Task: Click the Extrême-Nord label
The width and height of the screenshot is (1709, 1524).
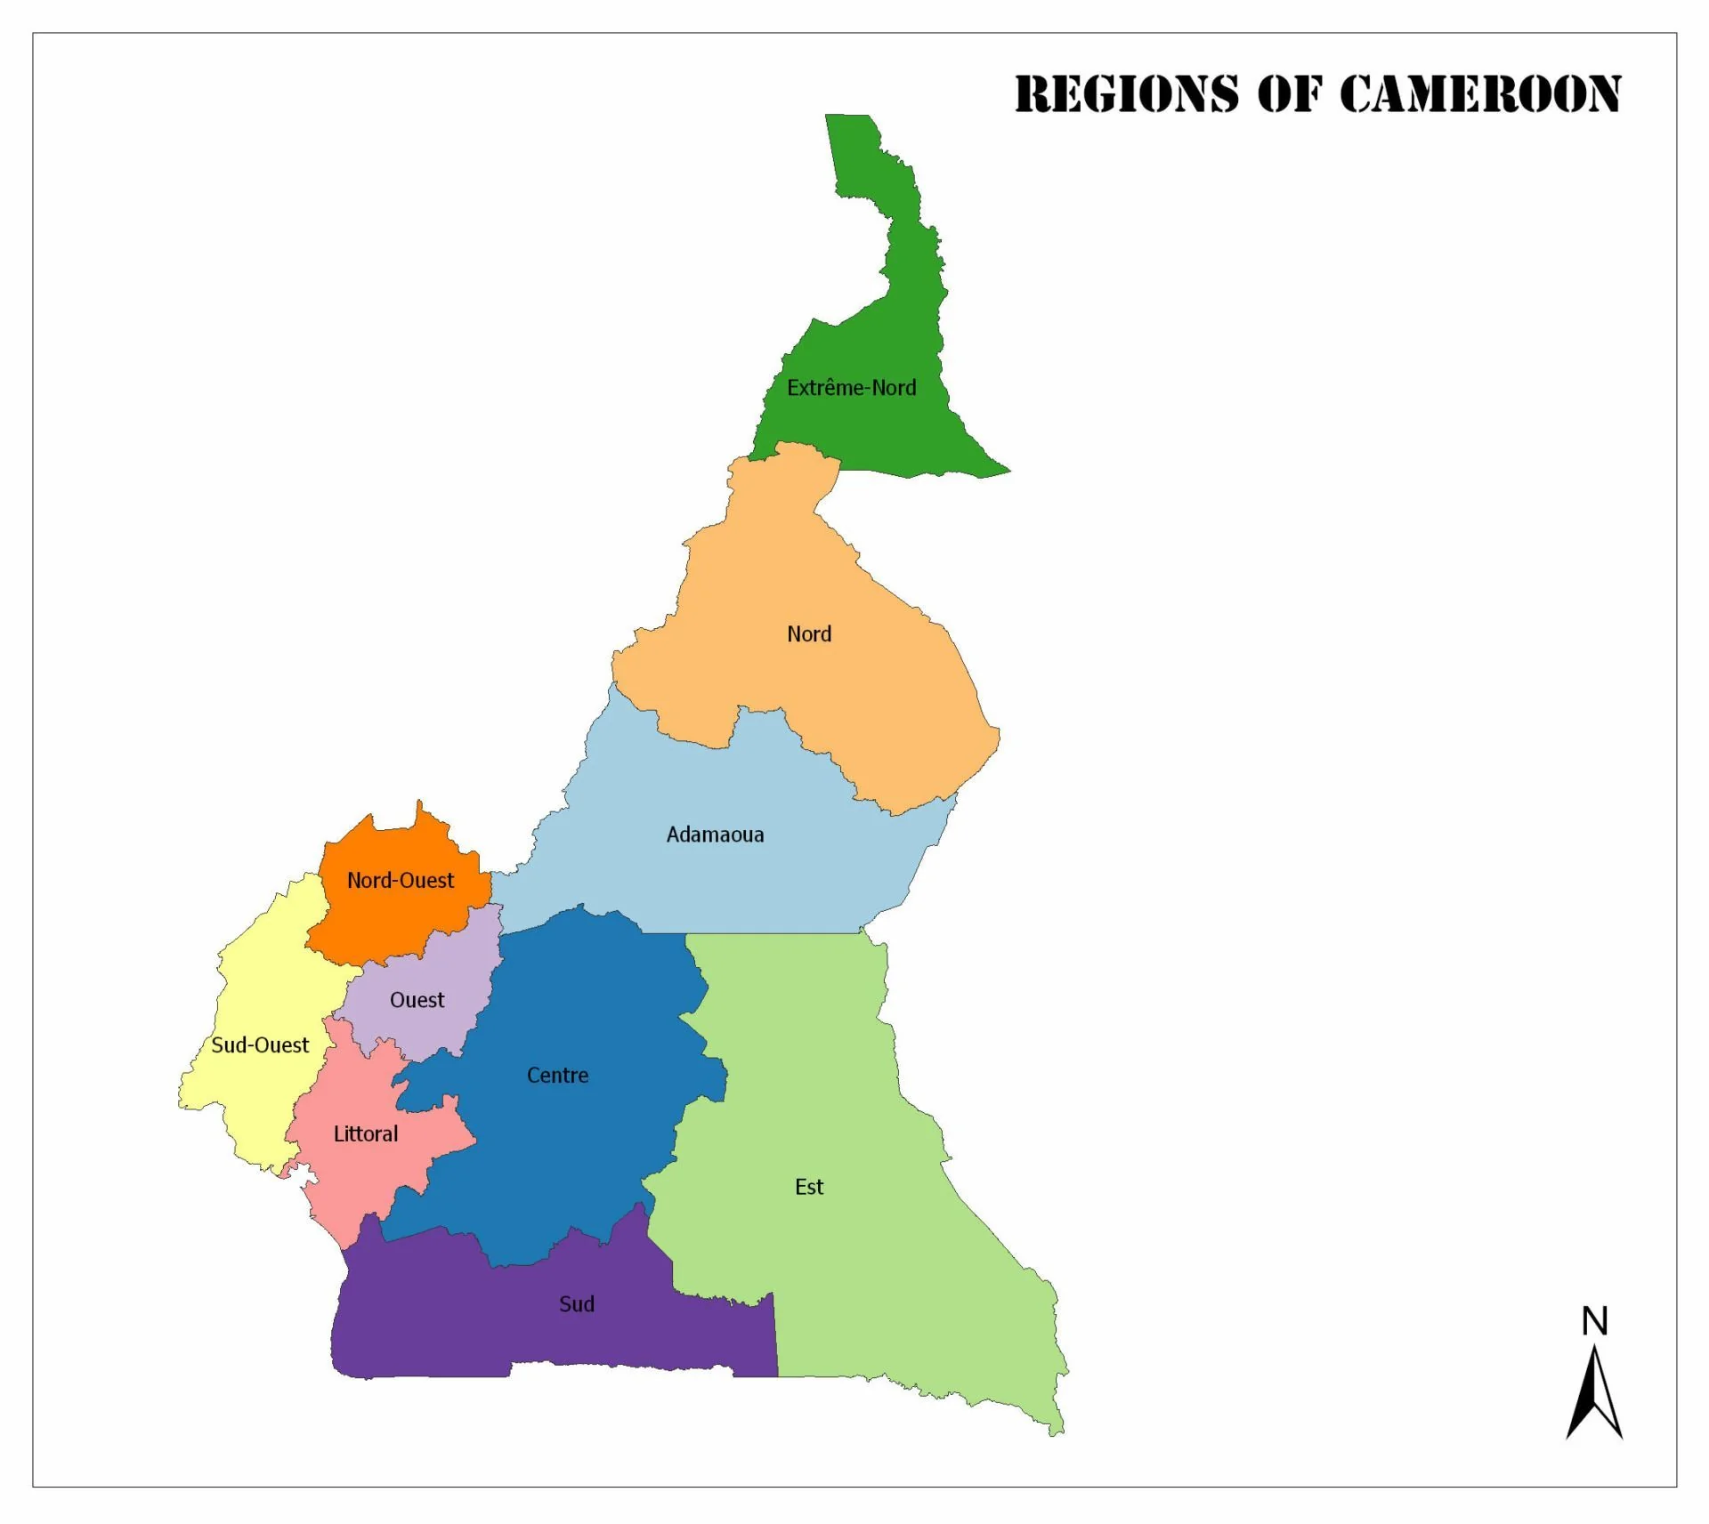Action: [851, 388]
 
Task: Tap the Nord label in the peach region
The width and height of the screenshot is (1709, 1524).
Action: [808, 634]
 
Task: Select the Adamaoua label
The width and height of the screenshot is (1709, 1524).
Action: [715, 835]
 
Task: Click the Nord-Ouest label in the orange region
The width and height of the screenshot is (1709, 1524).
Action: [401, 880]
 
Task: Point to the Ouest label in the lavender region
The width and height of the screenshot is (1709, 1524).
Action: [417, 1000]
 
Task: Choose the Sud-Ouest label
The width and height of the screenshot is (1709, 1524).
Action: [260, 1045]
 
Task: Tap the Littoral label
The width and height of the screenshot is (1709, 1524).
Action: [365, 1134]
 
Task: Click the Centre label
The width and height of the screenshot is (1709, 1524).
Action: [557, 1076]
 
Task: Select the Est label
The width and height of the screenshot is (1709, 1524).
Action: [808, 1187]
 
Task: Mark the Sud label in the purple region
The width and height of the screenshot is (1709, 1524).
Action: [576, 1304]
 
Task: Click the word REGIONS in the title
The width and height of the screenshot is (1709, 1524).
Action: [1126, 94]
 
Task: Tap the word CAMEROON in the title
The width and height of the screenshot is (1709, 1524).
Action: [1479, 94]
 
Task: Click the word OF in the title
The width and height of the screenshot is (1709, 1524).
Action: [1288, 94]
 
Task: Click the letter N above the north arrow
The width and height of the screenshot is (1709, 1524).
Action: [1594, 1321]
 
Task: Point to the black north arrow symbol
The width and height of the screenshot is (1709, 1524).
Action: [1593, 1397]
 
